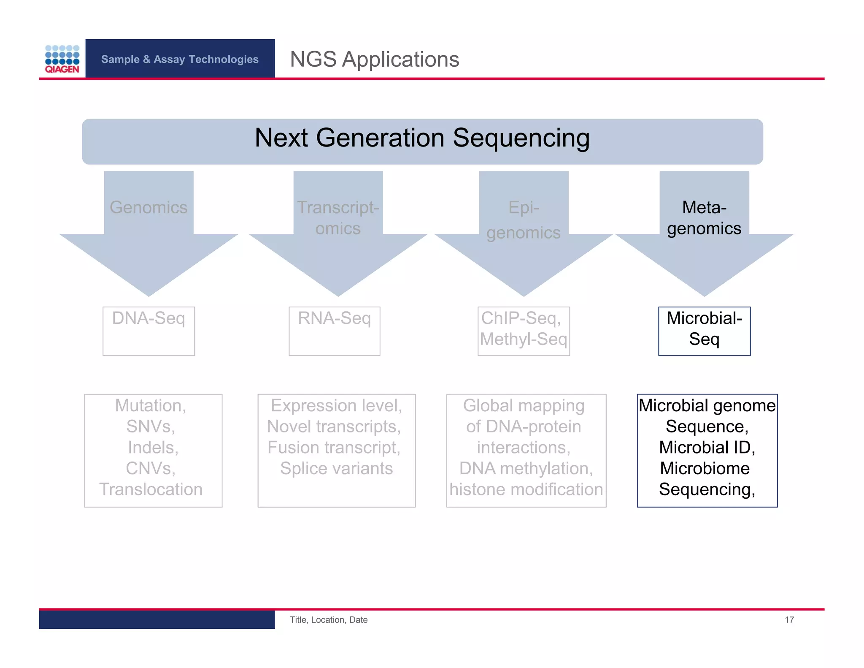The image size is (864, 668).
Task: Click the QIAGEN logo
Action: [x=62, y=59]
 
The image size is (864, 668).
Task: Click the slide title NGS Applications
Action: [x=374, y=59]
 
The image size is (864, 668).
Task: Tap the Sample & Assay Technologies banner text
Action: [x=180, y=59]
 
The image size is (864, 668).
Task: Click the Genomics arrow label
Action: [x=148, y=207]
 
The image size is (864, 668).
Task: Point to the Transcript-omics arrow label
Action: [x=338, y=218]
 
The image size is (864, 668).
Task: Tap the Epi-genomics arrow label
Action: [x=524, y=220]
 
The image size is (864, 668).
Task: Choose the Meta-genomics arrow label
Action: [x=704, y=218]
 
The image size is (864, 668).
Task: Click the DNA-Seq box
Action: [x=148, y=331]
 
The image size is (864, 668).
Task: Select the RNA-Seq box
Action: [x=334, y=331]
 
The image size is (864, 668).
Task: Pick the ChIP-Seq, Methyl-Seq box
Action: [x=523, y=331]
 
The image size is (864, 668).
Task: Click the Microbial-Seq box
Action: [x=704, y=331]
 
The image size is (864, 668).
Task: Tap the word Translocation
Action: [x=151, y=489]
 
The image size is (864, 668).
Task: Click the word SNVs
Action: [x=150, y=426]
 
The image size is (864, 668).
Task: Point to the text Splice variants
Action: [x=336, y=468]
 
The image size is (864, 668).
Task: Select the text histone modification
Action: [x=526, y=489]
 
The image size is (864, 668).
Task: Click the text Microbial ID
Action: [x=707, y=447]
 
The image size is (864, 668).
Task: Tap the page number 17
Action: [x=789, y=619]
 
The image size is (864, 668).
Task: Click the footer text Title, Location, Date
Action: [x=328, y=619]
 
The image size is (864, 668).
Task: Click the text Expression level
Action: [x=336, y=405]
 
